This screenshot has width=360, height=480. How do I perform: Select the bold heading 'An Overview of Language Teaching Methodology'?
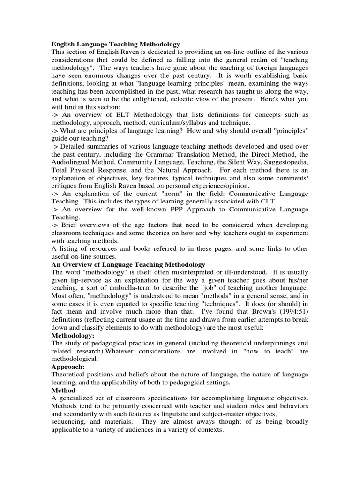coord(128,265)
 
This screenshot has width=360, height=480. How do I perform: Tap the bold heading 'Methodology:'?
coord(73,336)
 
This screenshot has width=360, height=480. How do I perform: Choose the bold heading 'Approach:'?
coord(68,367)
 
